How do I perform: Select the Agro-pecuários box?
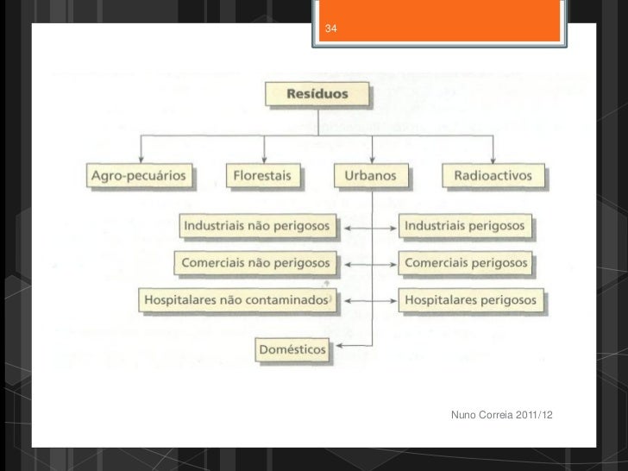click(141, 177)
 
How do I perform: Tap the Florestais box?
click(262, 177)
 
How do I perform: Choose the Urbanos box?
click(370, 177)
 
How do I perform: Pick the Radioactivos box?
click(493, 177)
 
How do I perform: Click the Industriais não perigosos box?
click(256, 226)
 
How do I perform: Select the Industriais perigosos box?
click(464, 226)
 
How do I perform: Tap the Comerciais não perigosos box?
click(256, 261)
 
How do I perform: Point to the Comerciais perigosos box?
click(466, 261)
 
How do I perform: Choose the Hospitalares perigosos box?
click(469, 300)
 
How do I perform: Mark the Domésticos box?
click(292, 350)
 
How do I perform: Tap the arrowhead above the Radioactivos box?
click(493, 161)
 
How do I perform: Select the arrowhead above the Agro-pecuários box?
click(141, 161)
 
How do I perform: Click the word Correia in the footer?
click(498, 418)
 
